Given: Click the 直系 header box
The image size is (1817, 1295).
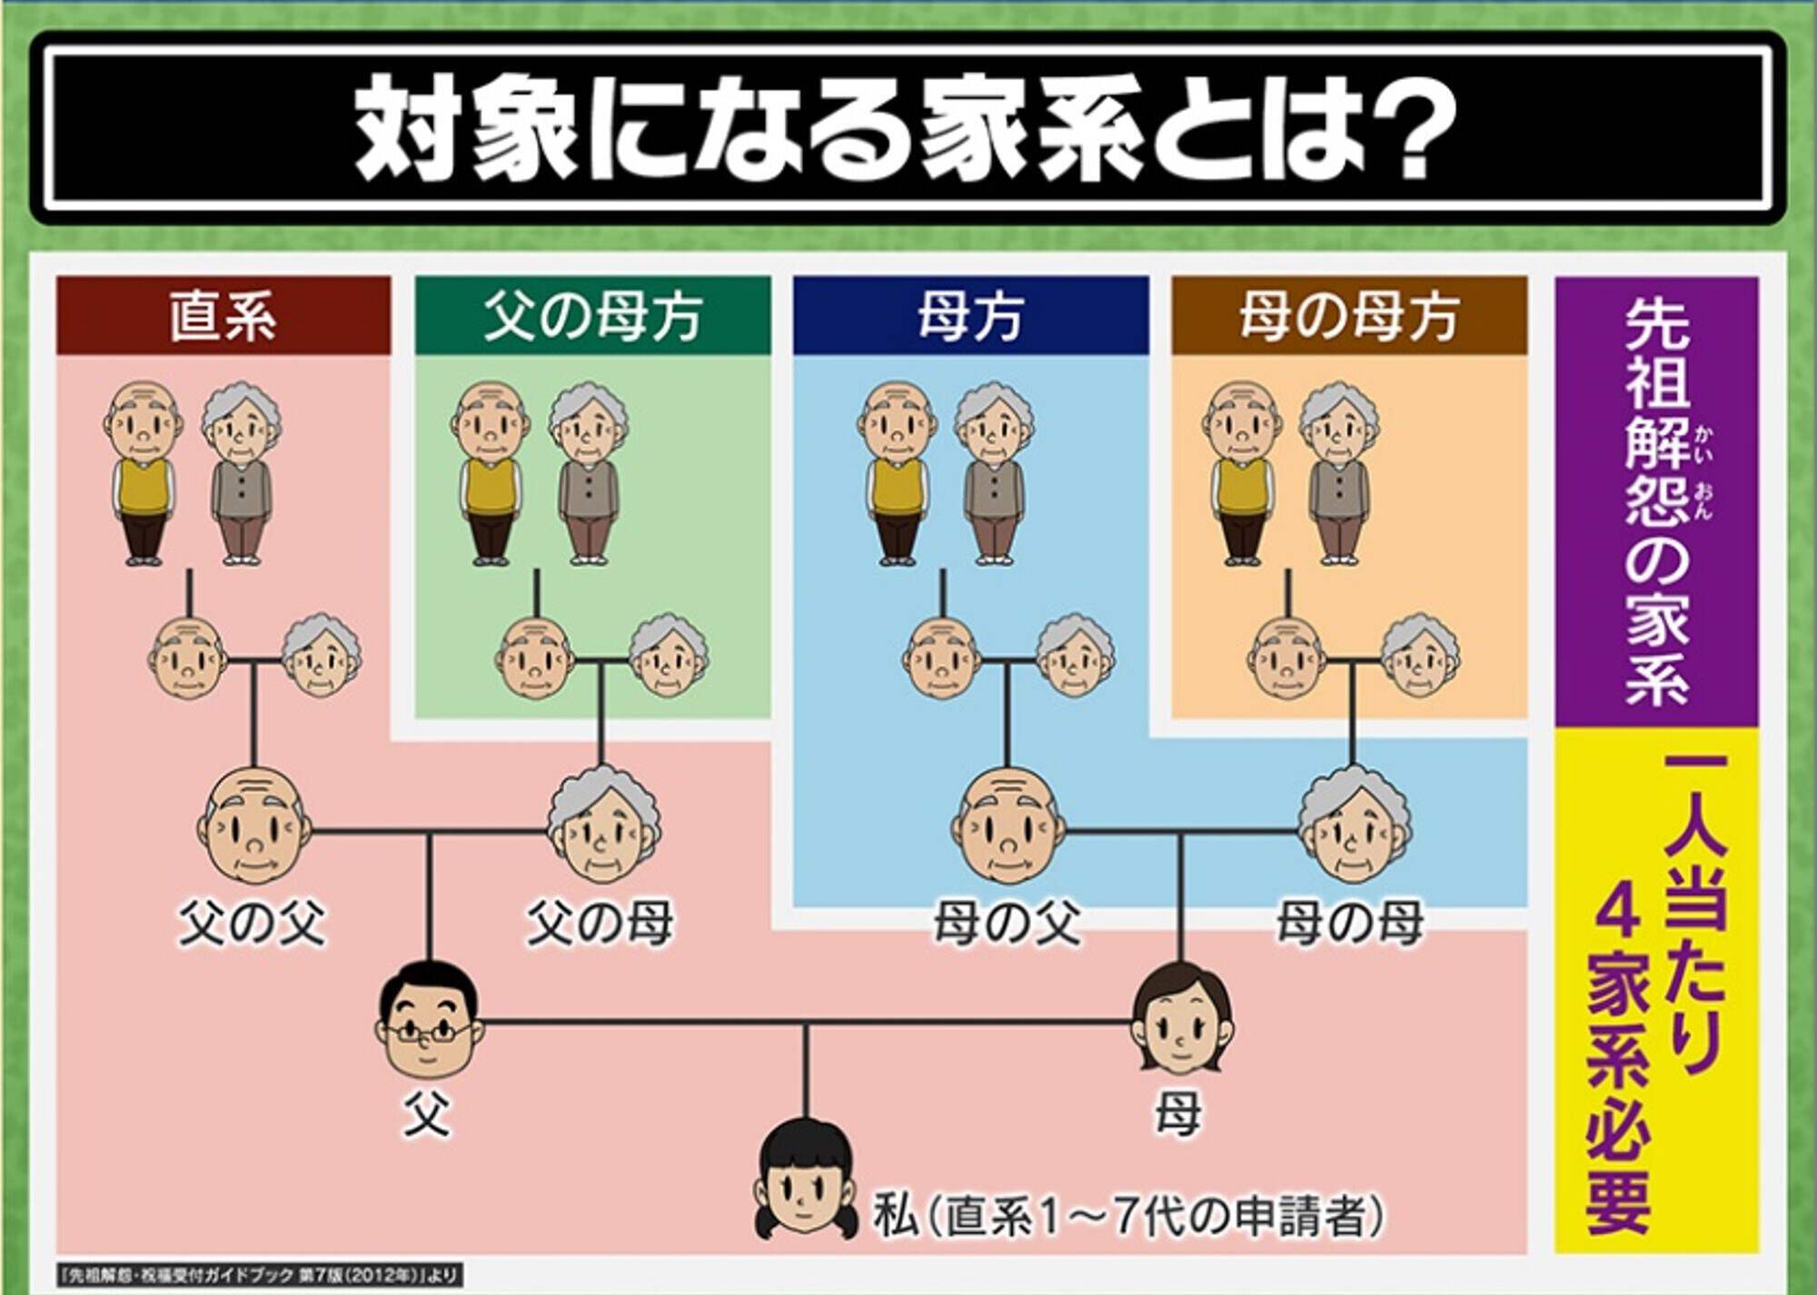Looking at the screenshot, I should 223,315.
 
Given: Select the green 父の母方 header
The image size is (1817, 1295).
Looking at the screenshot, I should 592,315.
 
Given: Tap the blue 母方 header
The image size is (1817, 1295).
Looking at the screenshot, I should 970,315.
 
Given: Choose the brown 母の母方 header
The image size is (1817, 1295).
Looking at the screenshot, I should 1349,315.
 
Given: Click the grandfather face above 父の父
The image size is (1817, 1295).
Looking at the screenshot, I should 254,825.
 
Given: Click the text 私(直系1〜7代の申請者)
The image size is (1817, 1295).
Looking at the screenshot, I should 1127,1215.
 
